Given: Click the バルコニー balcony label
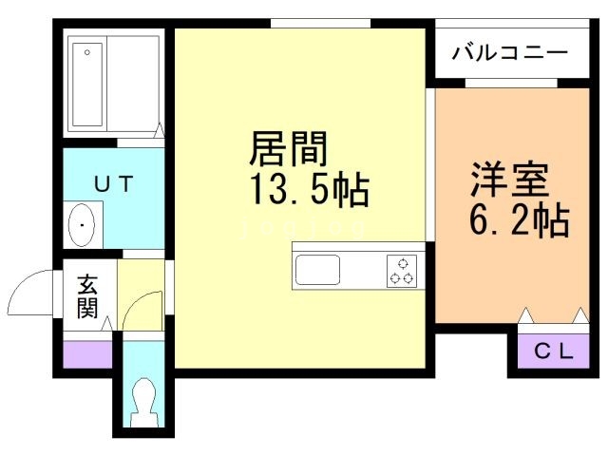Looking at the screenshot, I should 509,52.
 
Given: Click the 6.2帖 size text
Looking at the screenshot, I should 519,221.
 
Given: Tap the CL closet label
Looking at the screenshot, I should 553,352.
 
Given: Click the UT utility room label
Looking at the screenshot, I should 111,185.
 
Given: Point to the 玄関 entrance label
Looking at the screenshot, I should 87,296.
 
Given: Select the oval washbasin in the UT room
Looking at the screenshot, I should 84,225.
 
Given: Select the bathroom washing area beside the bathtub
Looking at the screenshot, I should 134,84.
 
